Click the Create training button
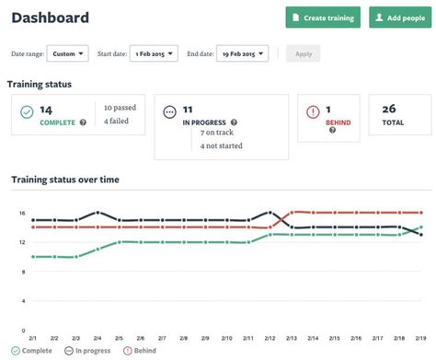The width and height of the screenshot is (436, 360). pos(323,17)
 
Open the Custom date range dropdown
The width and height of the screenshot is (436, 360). pos(68,53)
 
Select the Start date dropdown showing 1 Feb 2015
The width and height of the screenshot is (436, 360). pos(154,53)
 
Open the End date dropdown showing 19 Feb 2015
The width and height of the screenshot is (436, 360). pos(242,53)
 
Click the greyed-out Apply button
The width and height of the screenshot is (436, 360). pos(304,53)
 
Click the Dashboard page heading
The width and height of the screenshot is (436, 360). pos(51,17)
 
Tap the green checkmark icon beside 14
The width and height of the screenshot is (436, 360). pos(27,112)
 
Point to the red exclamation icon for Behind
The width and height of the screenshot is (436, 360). pos(316,112)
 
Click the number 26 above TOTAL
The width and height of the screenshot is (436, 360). pos(391,108)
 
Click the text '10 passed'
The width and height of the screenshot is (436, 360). pos(121,108)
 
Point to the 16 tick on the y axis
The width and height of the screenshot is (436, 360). pos(20,213)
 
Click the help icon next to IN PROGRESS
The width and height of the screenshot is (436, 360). pos(234,122)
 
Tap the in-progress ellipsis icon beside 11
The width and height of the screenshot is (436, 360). pos(168,112)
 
